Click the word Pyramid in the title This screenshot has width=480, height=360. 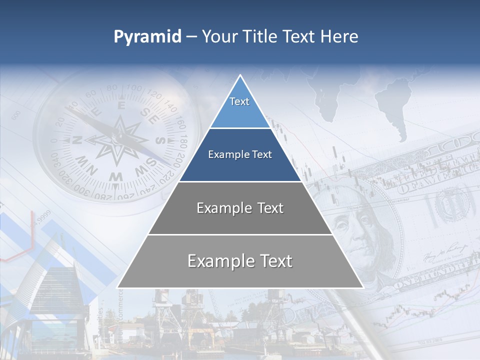pyautogui.click(x=147, y=36)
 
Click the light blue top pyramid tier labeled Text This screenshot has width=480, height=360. pyautogui.click(x=239, y=107)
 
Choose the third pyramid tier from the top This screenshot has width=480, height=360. pyautogui.click(x=240, y=208)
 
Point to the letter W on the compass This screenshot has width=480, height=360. pyautogui.click(x=116, y=176)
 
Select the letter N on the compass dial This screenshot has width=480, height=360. pyautogui.click(x=77, y=140)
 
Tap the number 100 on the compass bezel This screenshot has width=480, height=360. pyautogui.click(x=134, y=89)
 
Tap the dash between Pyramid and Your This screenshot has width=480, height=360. pyautogui.click(x=191, y=37)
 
